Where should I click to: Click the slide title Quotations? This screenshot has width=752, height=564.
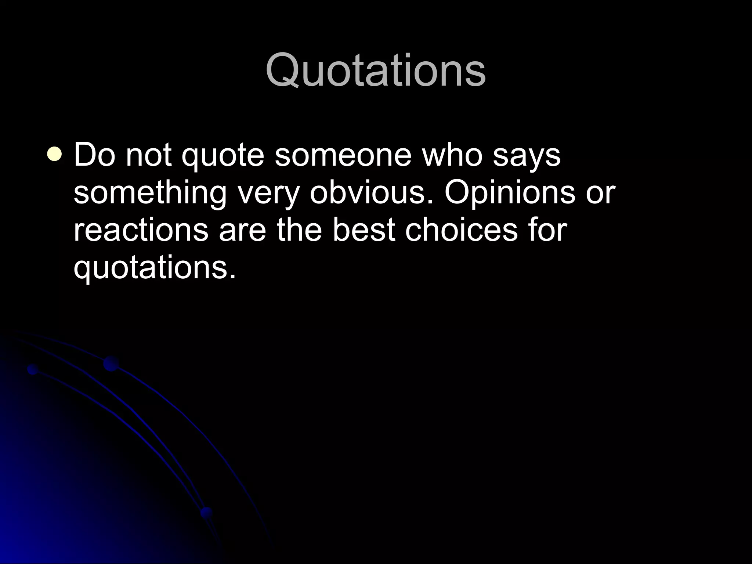[x=376, y=70]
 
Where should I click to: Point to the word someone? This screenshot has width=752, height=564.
[x=343, y=155]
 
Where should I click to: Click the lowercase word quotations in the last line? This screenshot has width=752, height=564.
[x=154, y=269]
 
